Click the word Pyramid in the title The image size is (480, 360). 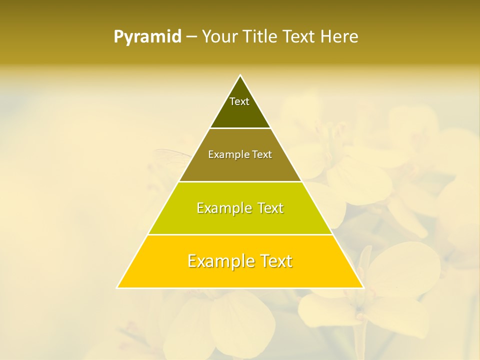[147, 37]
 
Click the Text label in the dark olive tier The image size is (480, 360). [239, 101]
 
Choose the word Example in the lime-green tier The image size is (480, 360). [222, 208]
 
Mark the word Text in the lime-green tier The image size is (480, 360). [268, 208]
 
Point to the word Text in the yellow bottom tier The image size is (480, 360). [275, 261]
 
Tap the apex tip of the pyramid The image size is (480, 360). [240, 75]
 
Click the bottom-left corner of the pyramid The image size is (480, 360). [117, 287]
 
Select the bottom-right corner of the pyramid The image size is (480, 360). [363, 287]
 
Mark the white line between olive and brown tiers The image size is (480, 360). [240, 128]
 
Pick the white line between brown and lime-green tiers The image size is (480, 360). [240, 181]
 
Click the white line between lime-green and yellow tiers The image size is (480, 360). [240, 234]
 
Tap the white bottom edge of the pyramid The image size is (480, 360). [240, 288]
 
